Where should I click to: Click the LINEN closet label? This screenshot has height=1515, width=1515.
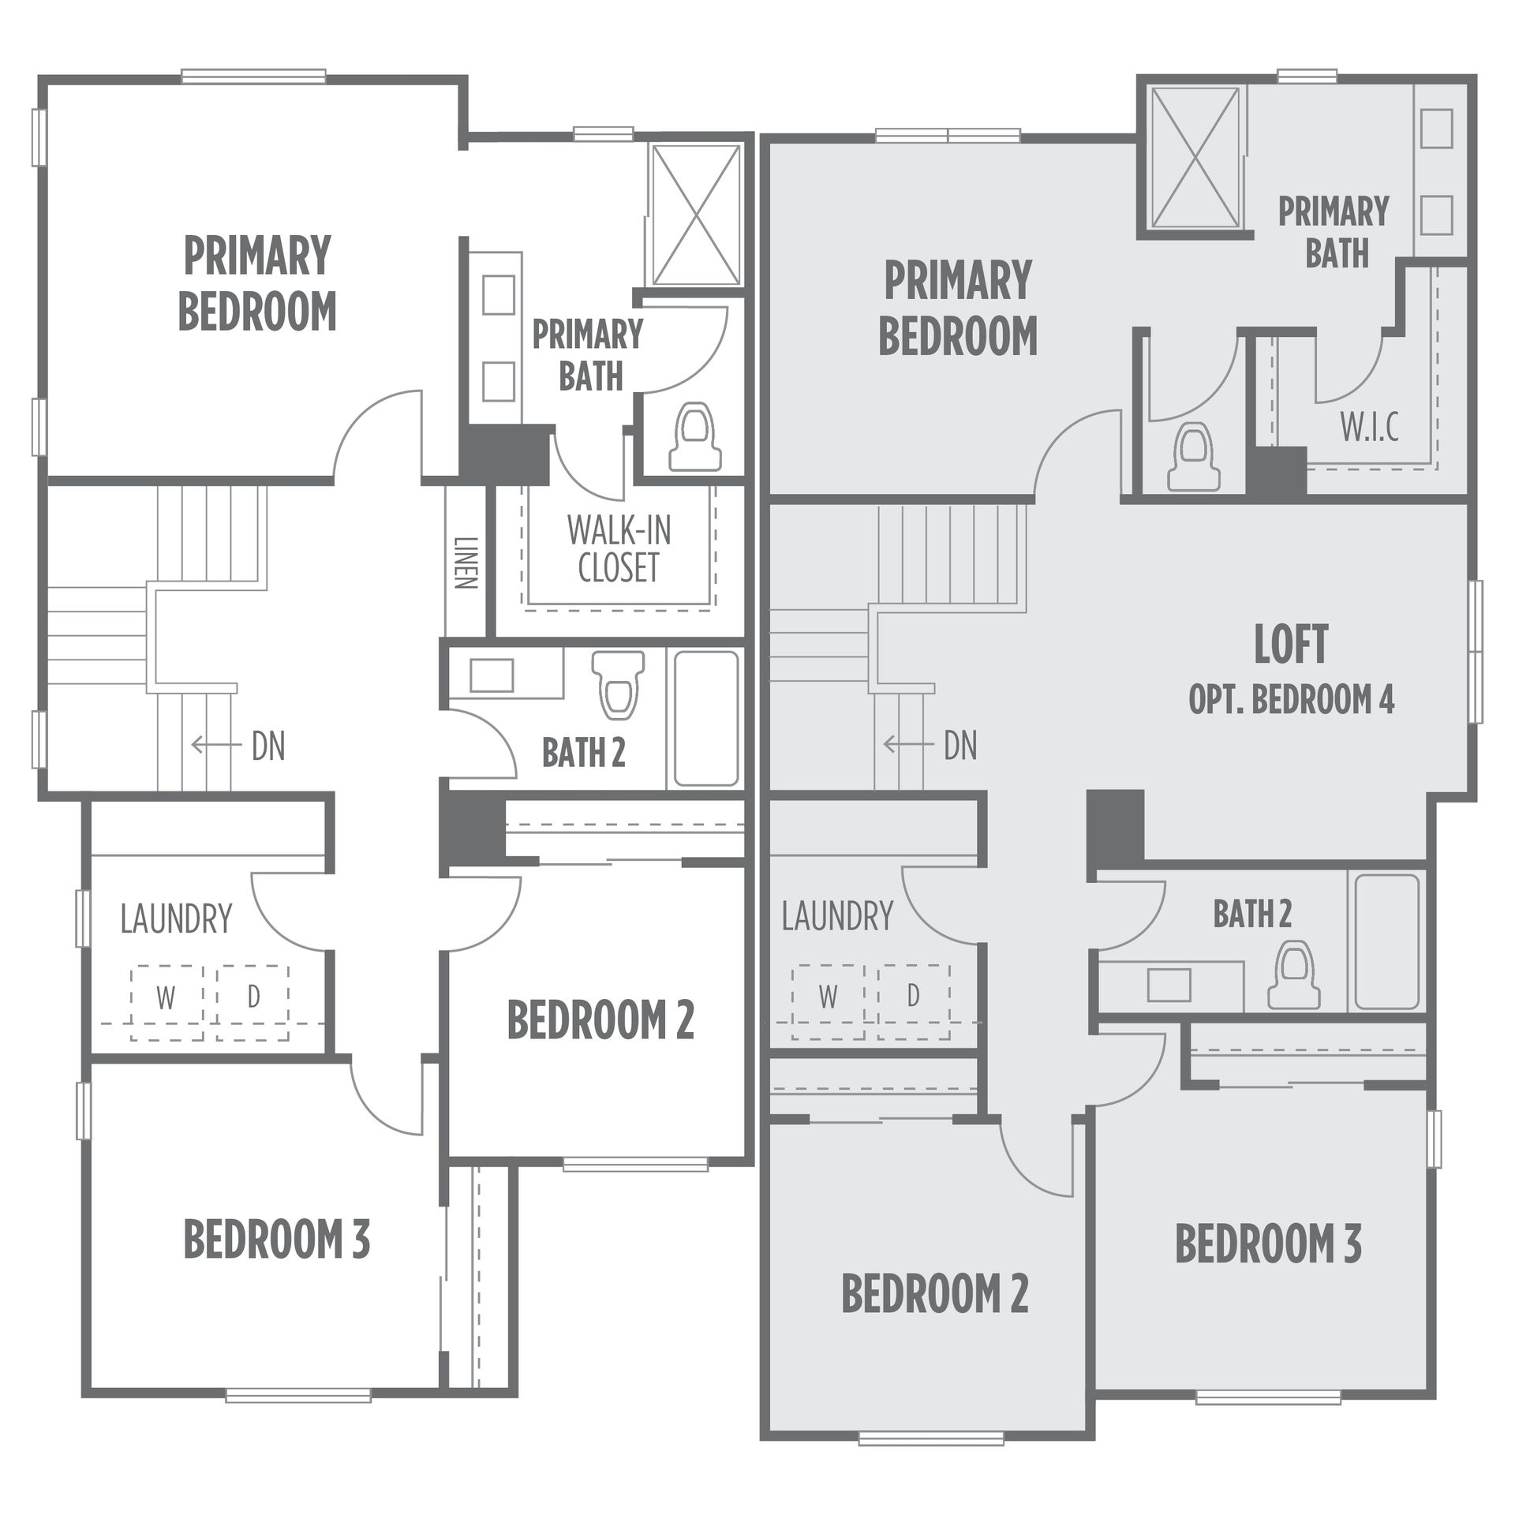[x=466, y=563]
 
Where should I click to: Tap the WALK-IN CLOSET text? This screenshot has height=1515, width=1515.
[x=619, y=549]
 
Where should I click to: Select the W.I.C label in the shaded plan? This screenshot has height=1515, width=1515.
[x=1370, y=427]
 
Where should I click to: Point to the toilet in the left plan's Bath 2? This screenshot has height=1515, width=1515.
[x=617, y=684]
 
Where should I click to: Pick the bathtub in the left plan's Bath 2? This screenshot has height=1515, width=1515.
[x=706, y=718]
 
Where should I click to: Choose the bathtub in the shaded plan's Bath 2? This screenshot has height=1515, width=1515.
[x=1387, y=941]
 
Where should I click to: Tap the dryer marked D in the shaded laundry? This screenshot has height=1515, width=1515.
[x=914, y=1000]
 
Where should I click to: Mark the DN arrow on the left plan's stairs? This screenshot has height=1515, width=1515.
[x=217, y=745]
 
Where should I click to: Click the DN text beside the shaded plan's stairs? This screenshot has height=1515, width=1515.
[x=959, y=746]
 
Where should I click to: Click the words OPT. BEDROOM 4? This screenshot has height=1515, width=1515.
[x=1292, y=700]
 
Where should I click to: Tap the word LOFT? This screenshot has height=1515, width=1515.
[x=1292, y=644]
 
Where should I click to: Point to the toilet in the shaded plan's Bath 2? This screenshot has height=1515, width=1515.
[x=1293, y=976]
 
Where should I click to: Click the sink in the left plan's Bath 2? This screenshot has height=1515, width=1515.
[x=492, y=675]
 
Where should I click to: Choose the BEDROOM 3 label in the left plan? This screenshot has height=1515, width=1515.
[x=277, y=1239]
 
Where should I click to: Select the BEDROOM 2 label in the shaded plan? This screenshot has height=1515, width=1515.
[x=935, y=1294]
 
